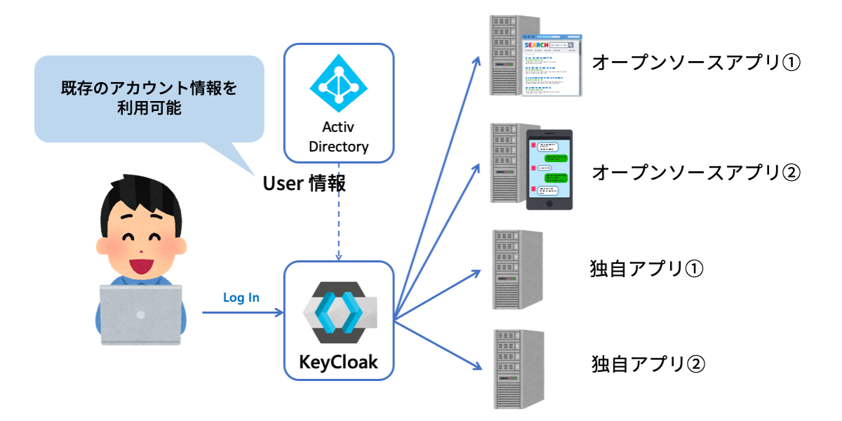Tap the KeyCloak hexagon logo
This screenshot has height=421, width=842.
339,314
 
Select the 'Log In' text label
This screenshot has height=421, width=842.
241,298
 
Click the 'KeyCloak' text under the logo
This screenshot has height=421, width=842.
339,362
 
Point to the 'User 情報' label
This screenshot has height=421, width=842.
304,184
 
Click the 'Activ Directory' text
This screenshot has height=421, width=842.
339,137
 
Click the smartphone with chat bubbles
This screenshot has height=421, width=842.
549,168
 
